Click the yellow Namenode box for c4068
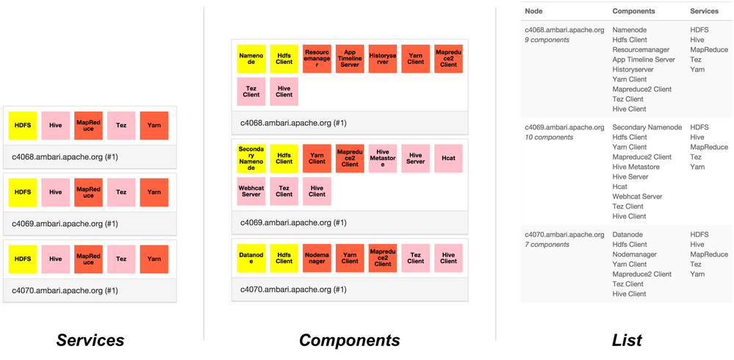pos(251,58)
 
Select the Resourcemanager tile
pos(317,58)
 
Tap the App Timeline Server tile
pos(350,58)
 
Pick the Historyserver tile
pos(383,58)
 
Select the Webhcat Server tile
pos(251,190)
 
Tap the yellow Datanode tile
pos(251,258)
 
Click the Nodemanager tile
pos(317,258)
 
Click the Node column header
pos(536,11)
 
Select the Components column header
pos(633,11)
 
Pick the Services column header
pos(704,11)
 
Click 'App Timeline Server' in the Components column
pos(644,60)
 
